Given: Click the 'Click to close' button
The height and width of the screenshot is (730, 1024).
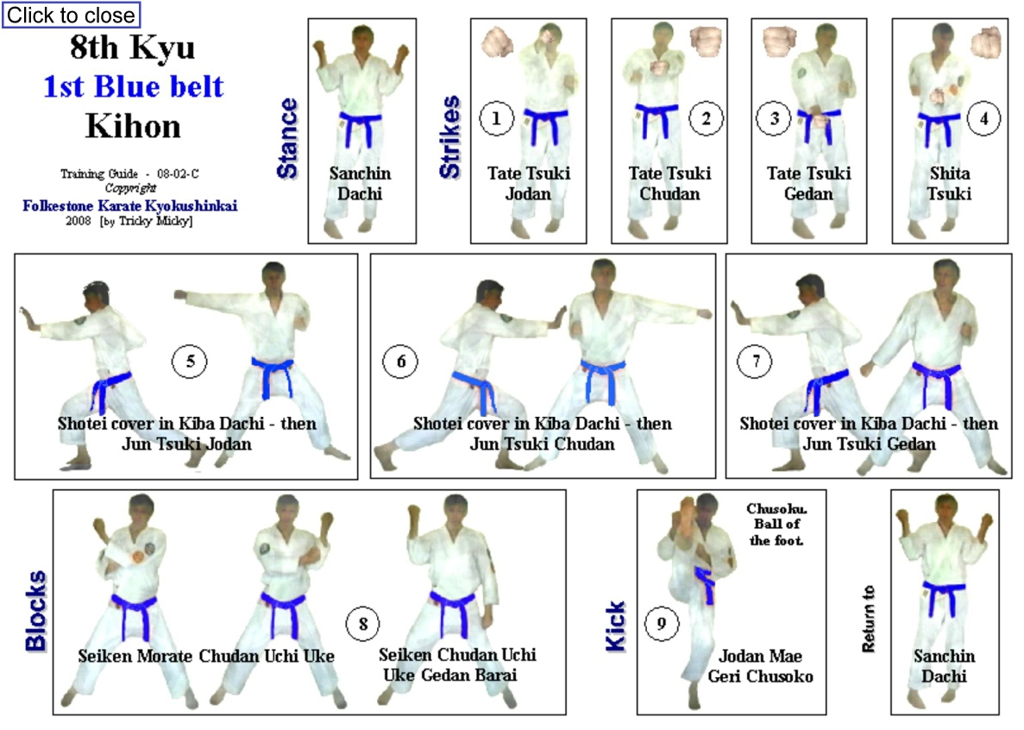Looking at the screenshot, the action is pos(72,15).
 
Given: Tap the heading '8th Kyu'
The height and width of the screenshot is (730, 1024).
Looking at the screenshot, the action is pos(133,47).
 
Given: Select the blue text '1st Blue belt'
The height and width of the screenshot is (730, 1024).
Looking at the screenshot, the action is pos(133,87).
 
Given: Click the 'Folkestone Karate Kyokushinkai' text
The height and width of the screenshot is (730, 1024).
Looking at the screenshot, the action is pos(130,205).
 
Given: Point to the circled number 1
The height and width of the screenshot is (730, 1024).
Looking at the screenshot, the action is pos(496,118).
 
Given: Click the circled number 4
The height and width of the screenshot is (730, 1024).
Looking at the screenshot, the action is pos(983,118).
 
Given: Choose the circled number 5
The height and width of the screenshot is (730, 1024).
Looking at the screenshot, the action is pos(190,361).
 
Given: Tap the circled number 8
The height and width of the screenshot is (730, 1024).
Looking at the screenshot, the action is pos(363,624).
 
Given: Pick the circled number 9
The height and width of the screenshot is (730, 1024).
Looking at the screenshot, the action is pos(662,624).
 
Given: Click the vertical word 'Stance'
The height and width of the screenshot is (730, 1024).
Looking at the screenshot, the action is pos(287,138).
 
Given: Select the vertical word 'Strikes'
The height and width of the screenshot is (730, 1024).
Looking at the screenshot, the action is pos(449,136).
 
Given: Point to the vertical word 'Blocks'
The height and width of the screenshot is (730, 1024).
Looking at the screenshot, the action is pos(36,611).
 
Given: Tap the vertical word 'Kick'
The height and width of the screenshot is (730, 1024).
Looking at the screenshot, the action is pos(615,626).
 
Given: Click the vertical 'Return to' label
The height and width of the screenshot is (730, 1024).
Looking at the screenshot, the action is pos(868,619).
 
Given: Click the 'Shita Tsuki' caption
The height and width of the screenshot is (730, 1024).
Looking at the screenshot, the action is pos(950,184).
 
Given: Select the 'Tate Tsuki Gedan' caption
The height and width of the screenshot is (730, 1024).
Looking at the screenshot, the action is pos(808,184).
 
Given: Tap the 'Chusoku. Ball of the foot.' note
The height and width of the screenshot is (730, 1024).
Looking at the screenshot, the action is pos(776,525).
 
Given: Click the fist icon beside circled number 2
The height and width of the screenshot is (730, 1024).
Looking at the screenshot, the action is pos(706,41).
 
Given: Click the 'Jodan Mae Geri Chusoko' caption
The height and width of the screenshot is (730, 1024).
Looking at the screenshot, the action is pos(761,666).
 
